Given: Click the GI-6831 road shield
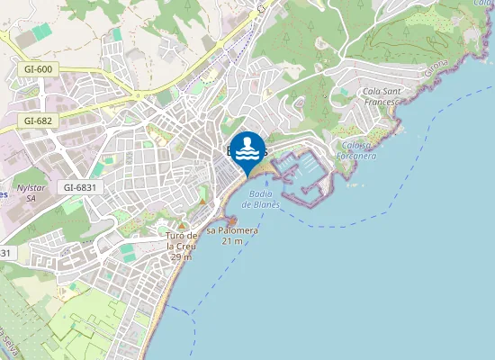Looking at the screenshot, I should pos(80,187).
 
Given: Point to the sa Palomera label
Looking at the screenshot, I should pos(232,230).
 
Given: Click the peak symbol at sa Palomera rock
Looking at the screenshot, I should pos(231,220).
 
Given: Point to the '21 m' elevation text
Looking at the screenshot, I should pos(232,241).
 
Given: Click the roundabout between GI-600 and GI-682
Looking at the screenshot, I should pos(137,94).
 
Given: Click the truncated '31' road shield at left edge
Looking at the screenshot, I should pos(5,254).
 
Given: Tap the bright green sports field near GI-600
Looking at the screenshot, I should pos(41,31).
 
